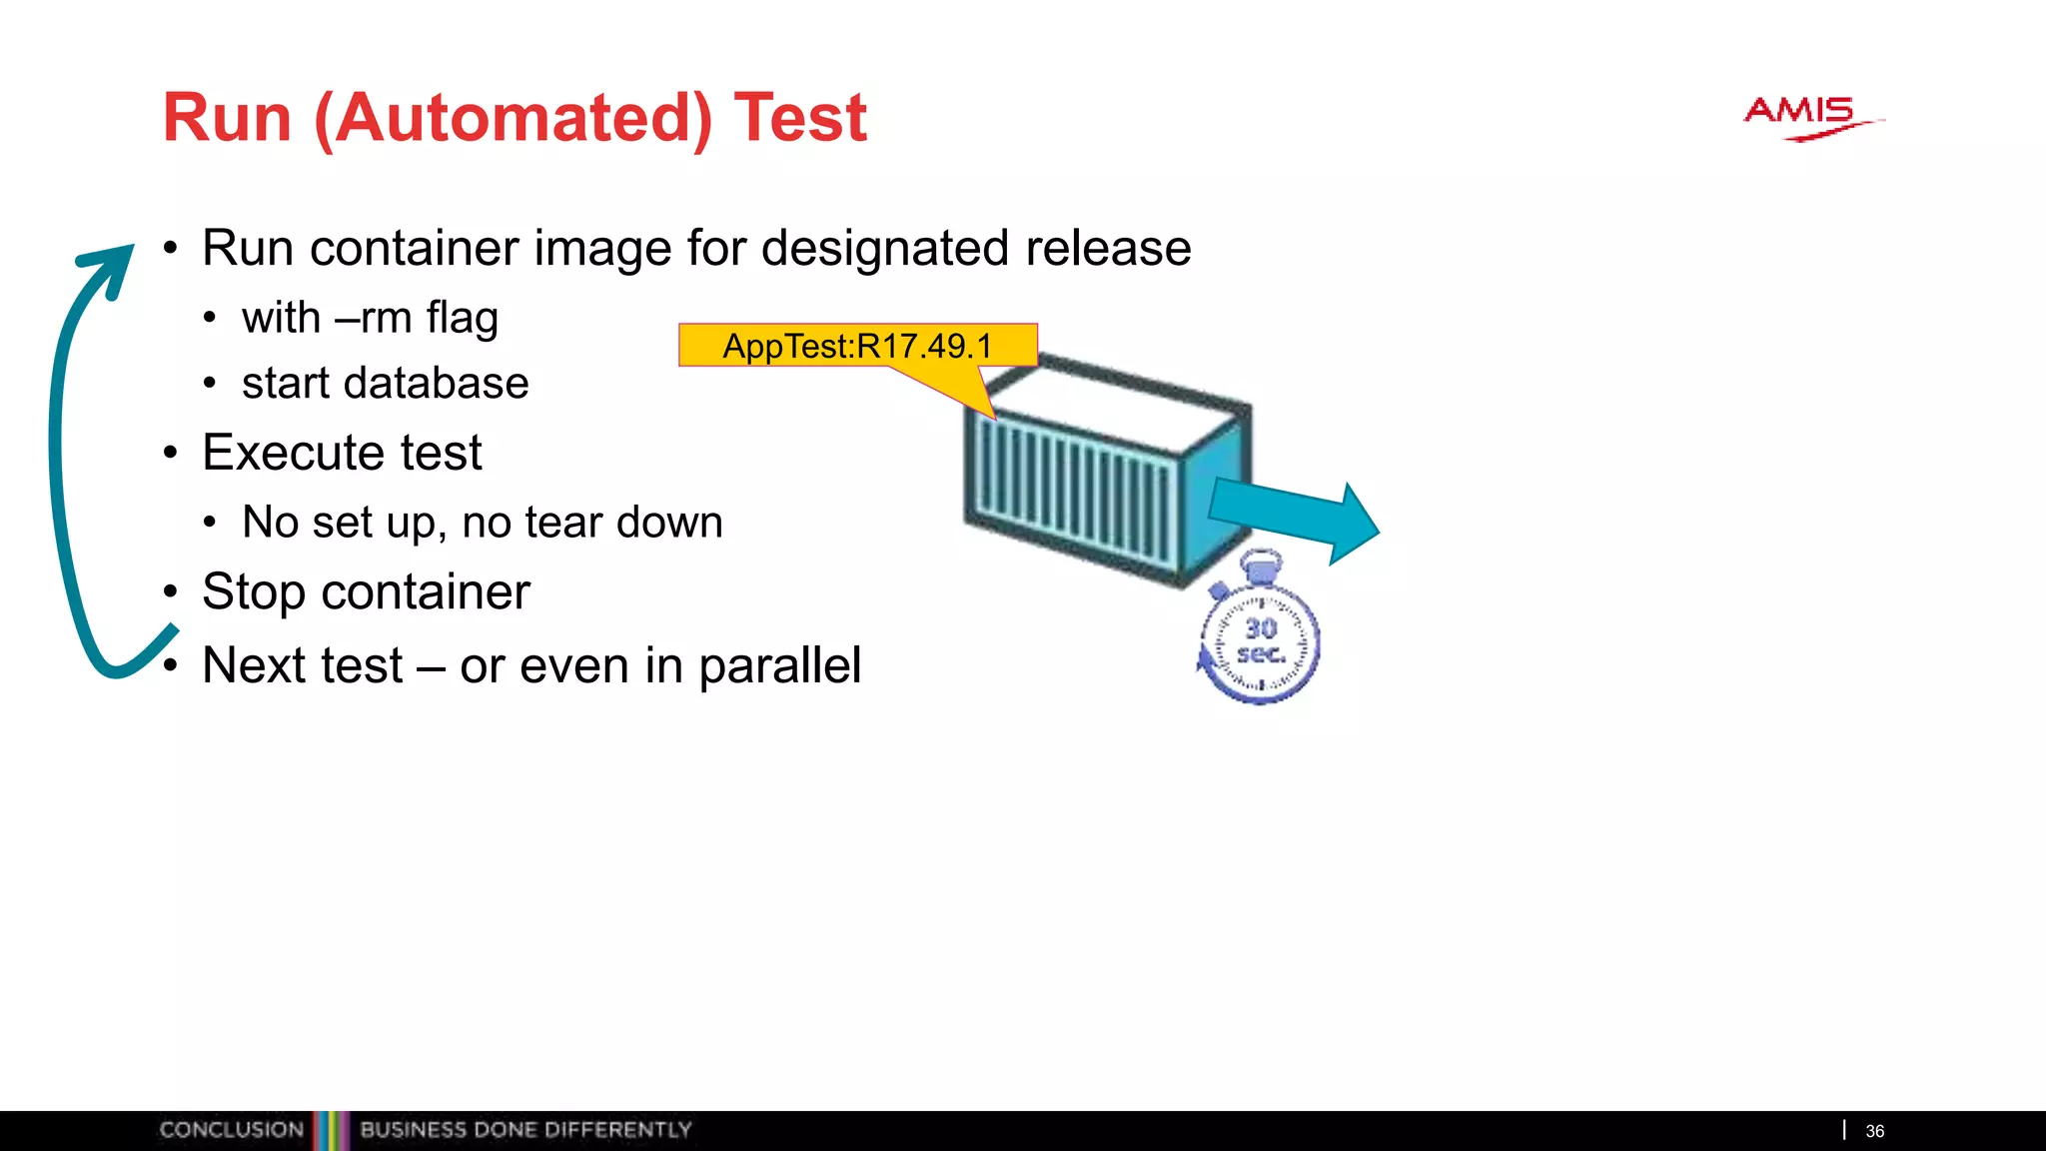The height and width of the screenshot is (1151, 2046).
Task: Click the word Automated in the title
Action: coord(512,119)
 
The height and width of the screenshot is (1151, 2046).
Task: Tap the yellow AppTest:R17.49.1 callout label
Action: coord(857,346)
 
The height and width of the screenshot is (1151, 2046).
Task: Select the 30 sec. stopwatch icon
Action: coord(1259,638)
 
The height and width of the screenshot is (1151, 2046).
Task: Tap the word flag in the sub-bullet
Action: coord(462,320)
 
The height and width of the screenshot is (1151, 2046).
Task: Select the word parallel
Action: coord(779,665)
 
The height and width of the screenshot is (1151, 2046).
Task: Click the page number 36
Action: coord(1874,1131)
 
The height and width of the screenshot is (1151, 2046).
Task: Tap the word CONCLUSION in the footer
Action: coord(231,1130)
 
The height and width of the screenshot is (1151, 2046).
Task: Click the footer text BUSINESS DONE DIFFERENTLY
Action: coord(525,1130)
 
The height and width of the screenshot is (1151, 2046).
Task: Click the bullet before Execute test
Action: coord(171,454)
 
